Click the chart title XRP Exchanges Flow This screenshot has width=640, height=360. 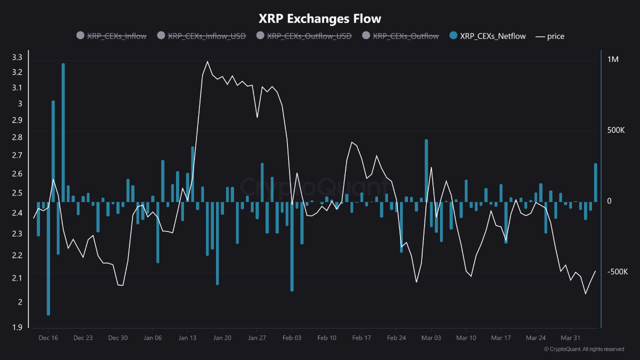[x=319, y=19]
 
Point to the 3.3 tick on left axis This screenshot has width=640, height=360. [x=17, y=57]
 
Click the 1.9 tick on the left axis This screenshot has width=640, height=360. [x=17, y=327]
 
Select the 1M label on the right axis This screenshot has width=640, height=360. [x=613, y=59]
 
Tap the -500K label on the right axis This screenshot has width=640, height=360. [x=617, y=271]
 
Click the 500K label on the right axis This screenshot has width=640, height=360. [x=616, y=130]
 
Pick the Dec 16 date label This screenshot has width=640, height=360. [x=48, y=338]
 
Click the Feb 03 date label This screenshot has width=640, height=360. [x=292, y=338]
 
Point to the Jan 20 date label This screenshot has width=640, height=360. [x=222, y=338]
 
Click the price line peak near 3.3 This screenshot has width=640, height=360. [x=207, y=61]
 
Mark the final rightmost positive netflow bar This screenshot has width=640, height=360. [x=595, y=182]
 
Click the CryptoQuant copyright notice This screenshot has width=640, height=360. [x=583, y=349]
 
